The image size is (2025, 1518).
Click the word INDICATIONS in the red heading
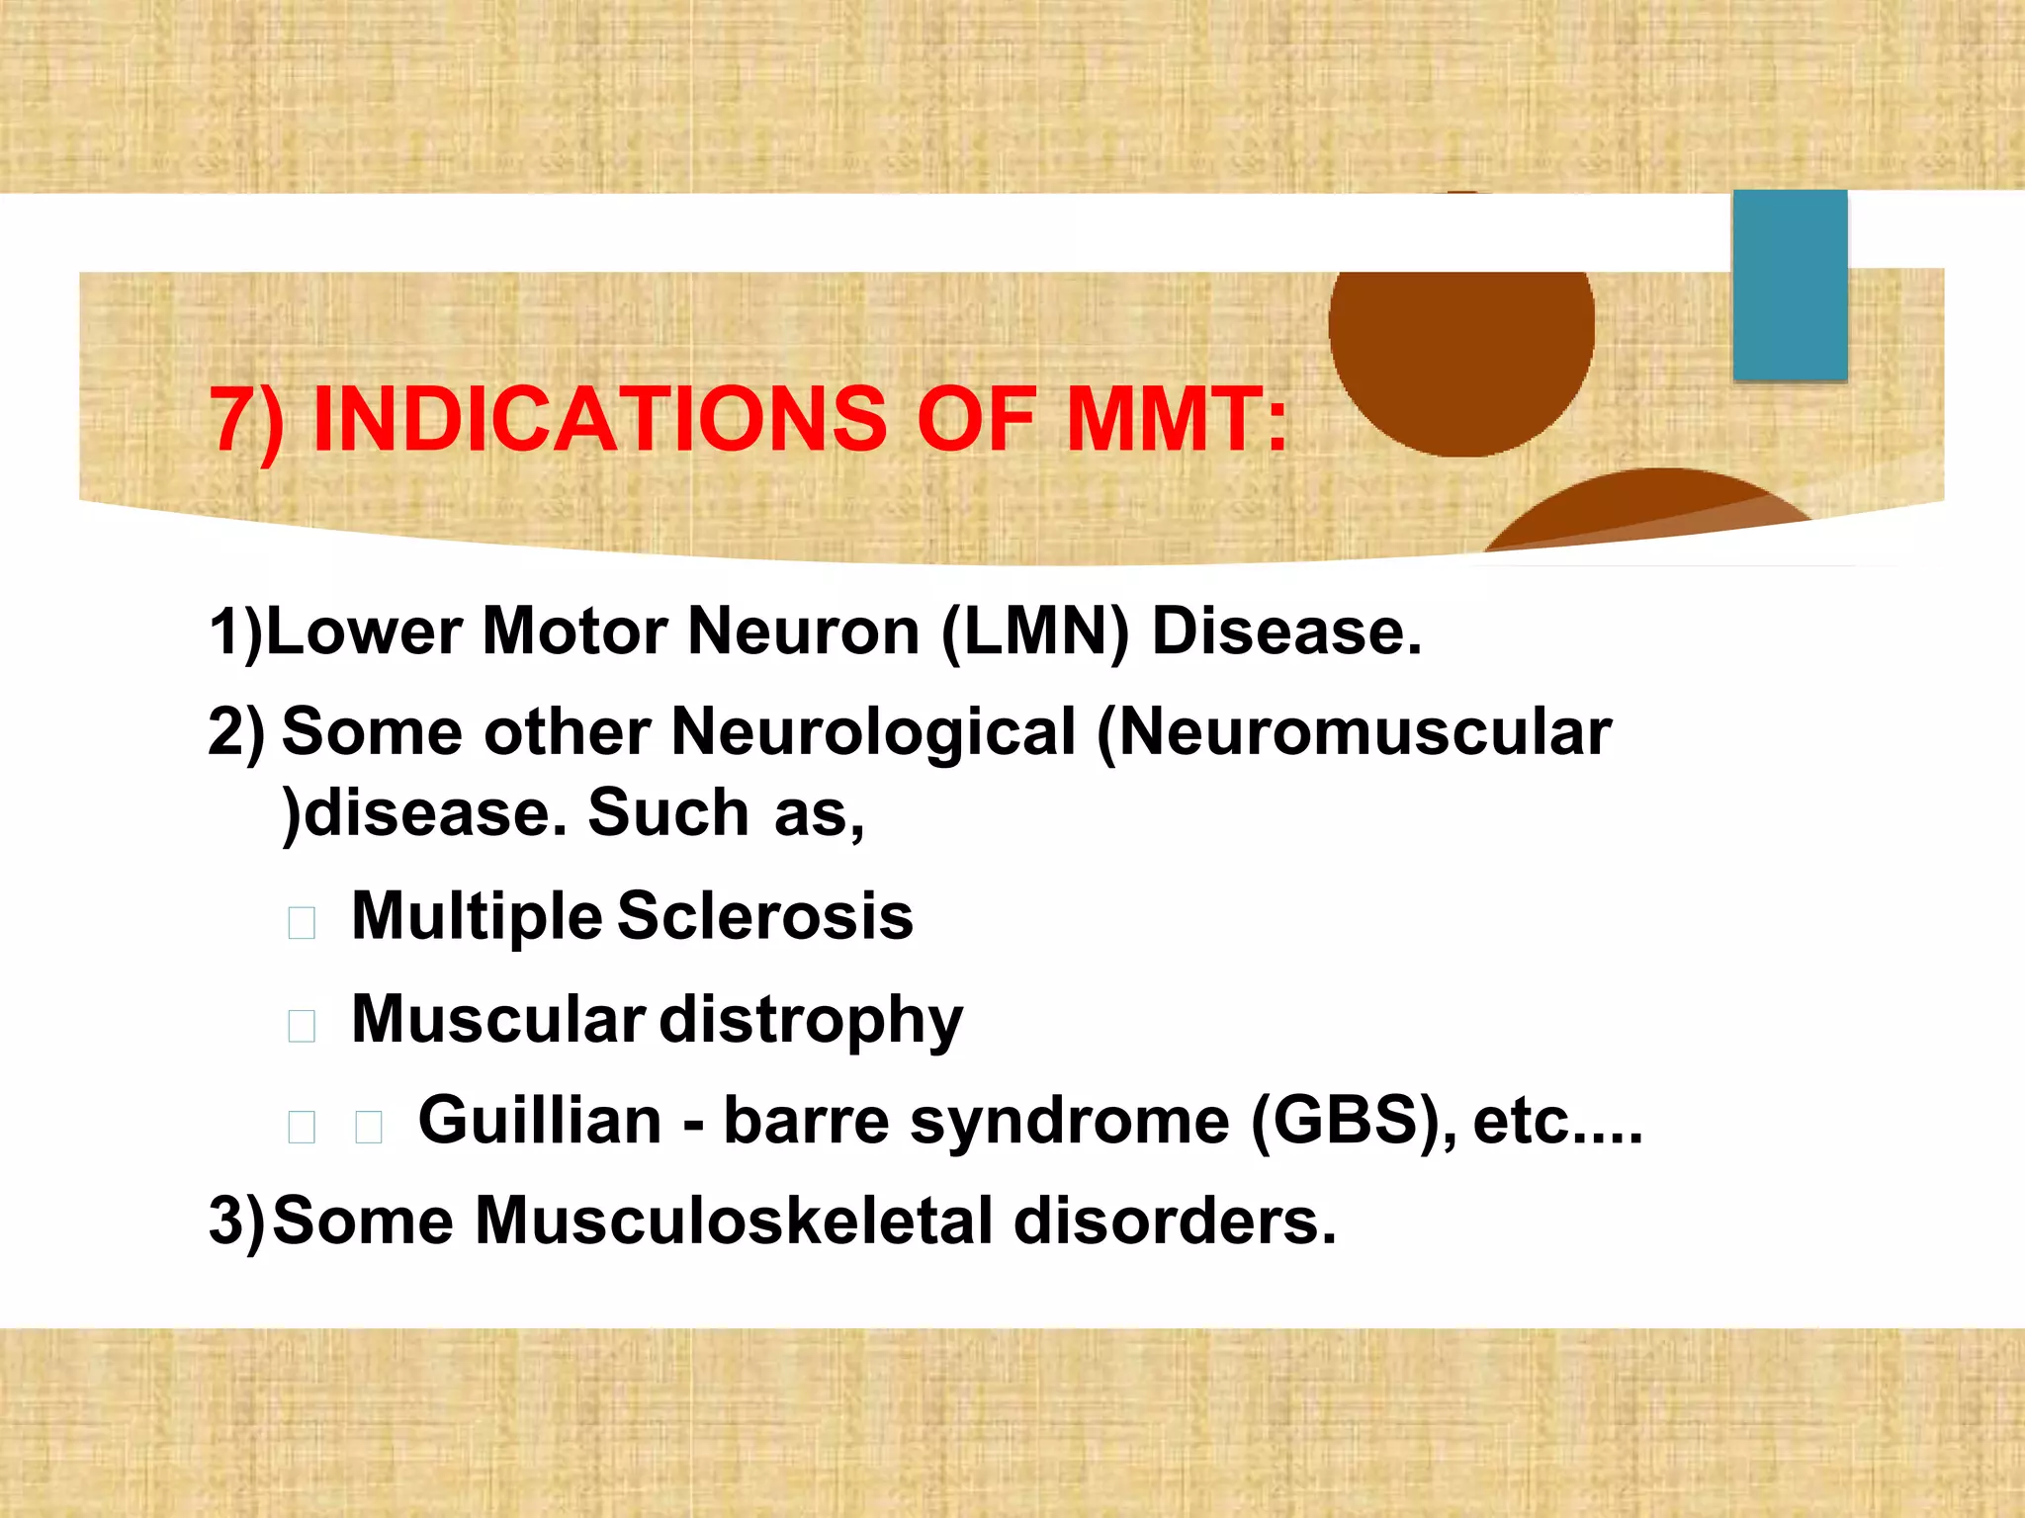(x=599, y=419)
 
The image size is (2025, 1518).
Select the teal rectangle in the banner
(x=1790, y=285)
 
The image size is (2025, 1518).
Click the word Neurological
(x=873, y=733)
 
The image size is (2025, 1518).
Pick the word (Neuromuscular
(x=1354, y=733)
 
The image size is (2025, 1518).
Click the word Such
(x=668, y=813)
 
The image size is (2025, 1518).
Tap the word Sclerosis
(x=765, y=916)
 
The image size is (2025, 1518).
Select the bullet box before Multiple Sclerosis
(x=302, y=922)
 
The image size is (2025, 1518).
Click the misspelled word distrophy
(x=811, y=1020)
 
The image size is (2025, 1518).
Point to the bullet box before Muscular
(x=302, y=1025)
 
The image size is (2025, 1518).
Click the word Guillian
(x=540, y=1121)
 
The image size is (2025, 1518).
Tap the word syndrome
(x=1070, y=1123)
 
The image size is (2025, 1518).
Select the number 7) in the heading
(x=247, y=421)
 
